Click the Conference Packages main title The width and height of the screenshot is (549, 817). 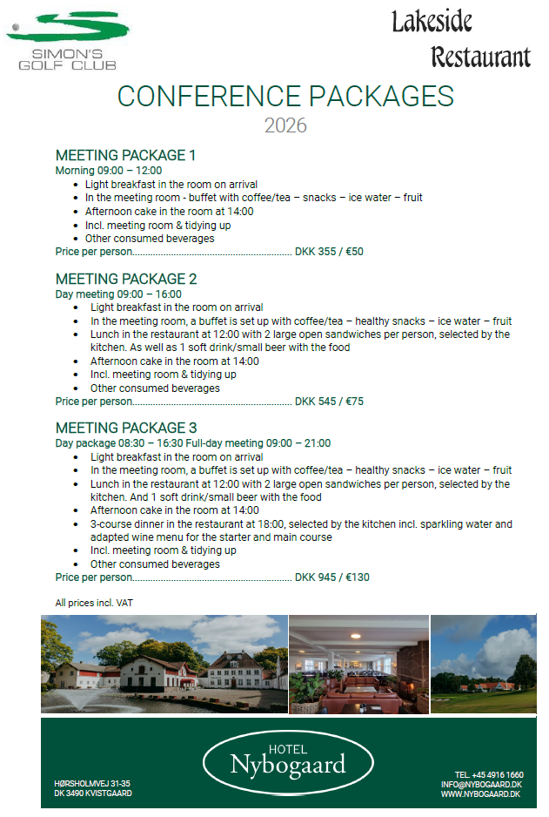tap(285, 96)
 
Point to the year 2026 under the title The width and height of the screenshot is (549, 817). tap(285, 125)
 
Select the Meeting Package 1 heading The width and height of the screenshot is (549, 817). tap(125, 155)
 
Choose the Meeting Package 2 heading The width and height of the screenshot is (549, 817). tap(126, 279)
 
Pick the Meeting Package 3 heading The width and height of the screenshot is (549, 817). tap(126, 428)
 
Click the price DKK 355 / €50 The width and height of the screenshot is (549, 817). tap(329, 252)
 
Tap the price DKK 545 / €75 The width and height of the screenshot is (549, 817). tap(329, 402)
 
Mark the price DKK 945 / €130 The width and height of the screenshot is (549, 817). tap(332, 577)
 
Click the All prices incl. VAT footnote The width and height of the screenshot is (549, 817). tap(94, 602)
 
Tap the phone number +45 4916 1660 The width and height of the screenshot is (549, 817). tap(489, 775)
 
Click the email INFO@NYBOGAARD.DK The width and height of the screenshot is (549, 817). tap(482, 785)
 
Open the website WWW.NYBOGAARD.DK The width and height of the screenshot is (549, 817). tap(481, 794)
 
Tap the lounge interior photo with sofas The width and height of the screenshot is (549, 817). tap(358, 665)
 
